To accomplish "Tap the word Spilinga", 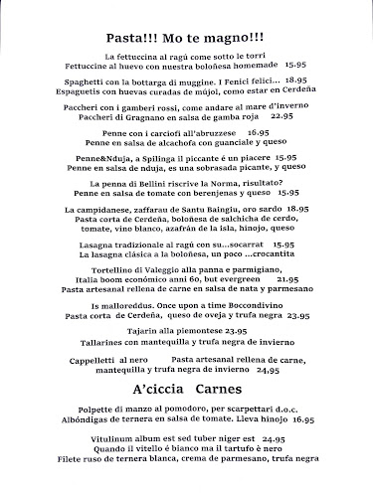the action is [166, 158].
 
